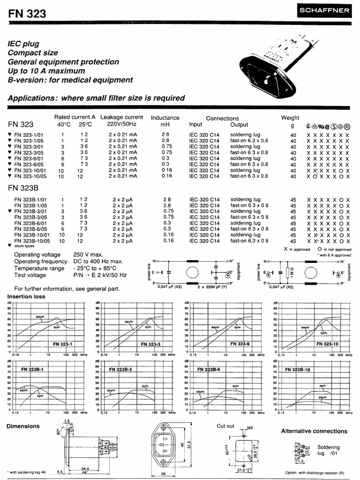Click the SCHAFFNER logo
pyautogui.click(x=328, y=9)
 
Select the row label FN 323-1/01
pyautogui.click(x=30, y=135)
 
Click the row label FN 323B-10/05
pyautogui.click(x=32, y=241)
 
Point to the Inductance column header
pyautogui.click(x=165, y=118)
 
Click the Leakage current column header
pyautogui.click(x=122, y=117)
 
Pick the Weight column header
pyautogui.click(x=290, y=118)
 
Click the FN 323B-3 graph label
pyautogui.click(x=120, y=369)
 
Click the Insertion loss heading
pyautogui.click(x=26, y=297)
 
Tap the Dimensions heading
pyautogui.click(x=23, y=426)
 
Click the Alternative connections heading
pyautogui.click(x=314, y=431)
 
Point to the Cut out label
pyautogui.click(x=225, y=426)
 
